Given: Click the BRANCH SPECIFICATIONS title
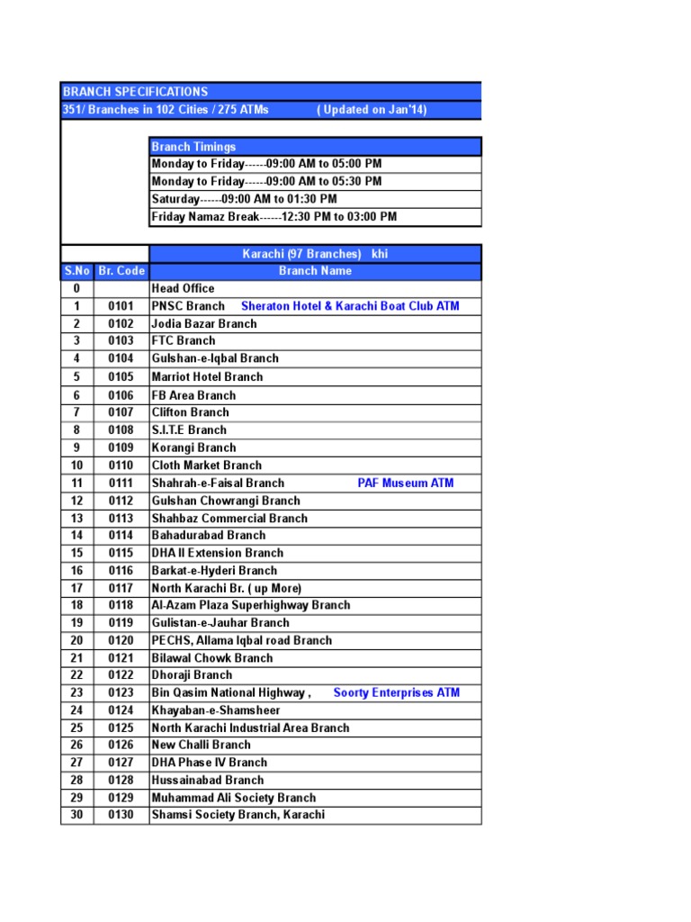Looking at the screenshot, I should tap(135, 92).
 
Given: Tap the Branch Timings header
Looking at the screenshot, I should tap(193, 147).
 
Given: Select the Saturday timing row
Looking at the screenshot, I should tap(244, 199).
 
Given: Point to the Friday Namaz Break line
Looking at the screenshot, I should tap(274, 217).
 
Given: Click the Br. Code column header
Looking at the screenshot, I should tap(121, 271).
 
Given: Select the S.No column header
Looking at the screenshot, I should tap(76, 271).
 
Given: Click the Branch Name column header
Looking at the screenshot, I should tap(315, 271).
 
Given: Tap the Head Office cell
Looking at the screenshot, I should tap(183, 289).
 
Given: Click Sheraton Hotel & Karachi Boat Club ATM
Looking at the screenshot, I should tap(350, 306).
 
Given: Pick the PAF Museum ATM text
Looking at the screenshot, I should tap(406, 484).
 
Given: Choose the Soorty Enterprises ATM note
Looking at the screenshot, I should tap(396, 693).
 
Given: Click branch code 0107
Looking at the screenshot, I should tap(121, 412).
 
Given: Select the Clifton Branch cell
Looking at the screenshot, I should tap(190, 412).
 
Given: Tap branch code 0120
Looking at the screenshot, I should tap(121, 641).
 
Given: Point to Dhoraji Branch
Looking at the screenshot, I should tap(192, 675).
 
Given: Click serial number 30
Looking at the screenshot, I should tap(76, 816).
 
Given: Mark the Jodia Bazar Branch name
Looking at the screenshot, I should tap(204, 324).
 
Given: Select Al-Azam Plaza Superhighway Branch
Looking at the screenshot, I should tap(251, 606).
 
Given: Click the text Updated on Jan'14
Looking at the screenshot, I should tap(372, 110).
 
